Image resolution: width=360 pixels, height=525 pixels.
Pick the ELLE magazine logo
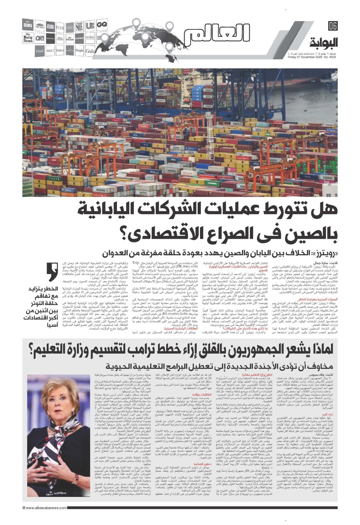click(x=60, y=26)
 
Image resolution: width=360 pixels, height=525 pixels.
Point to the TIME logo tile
click(x=40, y=51)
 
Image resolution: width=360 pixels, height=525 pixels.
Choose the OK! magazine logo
click(x=40, y=38)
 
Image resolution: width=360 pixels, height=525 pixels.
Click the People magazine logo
click(x=79, y=51)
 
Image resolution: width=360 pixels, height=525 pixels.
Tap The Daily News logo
click(x=29, y=38)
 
